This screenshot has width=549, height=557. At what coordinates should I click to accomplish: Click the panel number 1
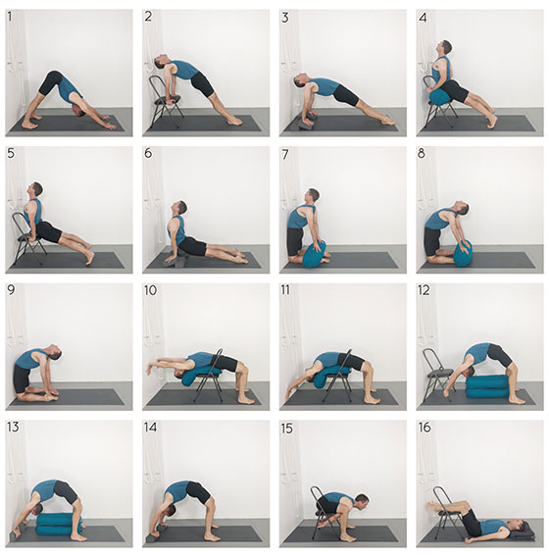[10, 17]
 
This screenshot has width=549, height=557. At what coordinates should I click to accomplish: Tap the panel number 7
[285, 154]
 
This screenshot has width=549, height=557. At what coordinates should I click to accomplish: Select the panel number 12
[424, 290]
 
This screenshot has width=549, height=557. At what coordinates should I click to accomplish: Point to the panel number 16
[424, 427]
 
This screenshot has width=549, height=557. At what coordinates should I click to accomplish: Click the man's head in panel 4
[445, 47]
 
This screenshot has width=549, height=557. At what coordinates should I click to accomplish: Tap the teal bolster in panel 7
[314, 254]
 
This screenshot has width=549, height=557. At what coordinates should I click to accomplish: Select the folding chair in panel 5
[27, 237]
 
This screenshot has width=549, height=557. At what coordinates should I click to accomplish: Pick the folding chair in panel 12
[435, 372]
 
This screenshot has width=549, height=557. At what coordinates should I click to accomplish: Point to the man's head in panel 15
[363, 500]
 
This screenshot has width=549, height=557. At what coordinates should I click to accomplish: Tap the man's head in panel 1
[78, 110]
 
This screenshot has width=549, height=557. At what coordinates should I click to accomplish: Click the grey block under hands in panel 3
[307, 122]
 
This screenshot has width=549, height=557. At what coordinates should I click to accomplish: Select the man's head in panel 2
[161, 62]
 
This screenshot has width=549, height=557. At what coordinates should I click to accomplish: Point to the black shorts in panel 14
[198, 491]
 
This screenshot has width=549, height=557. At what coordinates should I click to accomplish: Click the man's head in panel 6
[180, 208]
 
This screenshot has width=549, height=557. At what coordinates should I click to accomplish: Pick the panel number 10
[150, 290]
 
